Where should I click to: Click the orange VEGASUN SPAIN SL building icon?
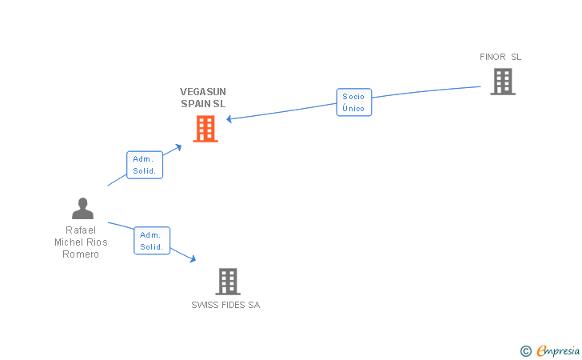pyautogui.click(x=205, y=129)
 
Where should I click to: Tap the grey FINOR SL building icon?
pyautogui.click(x=503, y=82)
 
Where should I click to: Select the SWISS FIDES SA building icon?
pyautogui.click(x=228, y=282)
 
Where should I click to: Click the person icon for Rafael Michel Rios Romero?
pyautogui.click(x=83, y=209)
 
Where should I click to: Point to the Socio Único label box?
pyautogui.click(x=354, y=102)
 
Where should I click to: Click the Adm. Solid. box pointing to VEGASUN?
pyautogui.click(x=145, y=165)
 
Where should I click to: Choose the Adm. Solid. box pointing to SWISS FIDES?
pyautogui.click(x=152, y=241)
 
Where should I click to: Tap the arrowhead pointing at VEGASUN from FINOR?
pyautogui.click(x=229, y=119)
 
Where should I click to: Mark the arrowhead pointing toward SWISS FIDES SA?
pyautogui.click(x=193, y=258)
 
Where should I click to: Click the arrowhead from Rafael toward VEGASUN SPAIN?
pyautogui.click(x=178, y=147)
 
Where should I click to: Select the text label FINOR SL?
pyautogui.click(x=500, y=57)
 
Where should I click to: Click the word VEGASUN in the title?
pyautogui.click(x=203, y=92)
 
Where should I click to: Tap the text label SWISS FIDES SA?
pyautogui.click(x=225, y=305)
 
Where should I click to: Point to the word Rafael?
pyautogui.click(x=81, y=230)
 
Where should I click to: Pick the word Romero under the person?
pyautogui.click(x=81, y=254)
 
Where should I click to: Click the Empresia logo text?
pyautogui.click(x=558, y=350)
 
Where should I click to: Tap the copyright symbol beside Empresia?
pyautogui.click(x=526, y=351)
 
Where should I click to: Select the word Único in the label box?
pyautogui.click(x=353, y=108)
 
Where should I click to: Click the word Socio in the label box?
pyautogui.click(x=353, y=97)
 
